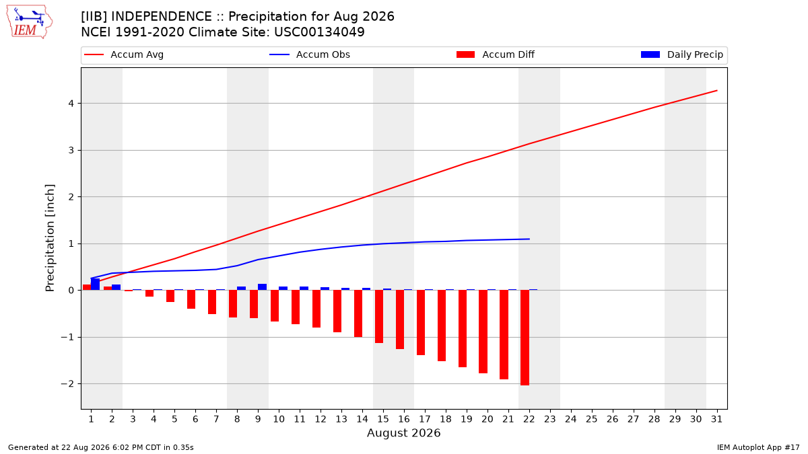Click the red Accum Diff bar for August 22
[x=525, y=338]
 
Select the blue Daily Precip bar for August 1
[x=95, y=285]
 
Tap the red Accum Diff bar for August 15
[x=378, y=316]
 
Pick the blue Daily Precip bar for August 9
[x=262, y=287]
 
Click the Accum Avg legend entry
[x=124, y=54]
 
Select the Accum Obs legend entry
[x=310, y=54]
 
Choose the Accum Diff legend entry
[x=496, y=54]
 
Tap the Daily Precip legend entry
[x=682, y=54]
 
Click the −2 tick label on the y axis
[x=67, y=384]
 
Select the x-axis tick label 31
[x=716, y=419]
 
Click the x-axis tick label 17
[x=425, y=419]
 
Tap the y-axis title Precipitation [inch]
[x=50, y=238]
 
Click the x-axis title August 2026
[x=403, y=432]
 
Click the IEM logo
[x=30, y=22]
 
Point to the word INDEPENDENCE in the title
[x=162, y=17]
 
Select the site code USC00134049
[x=319, y=32]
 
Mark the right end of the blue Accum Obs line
[x=529, y=239]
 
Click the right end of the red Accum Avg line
[x=716, y=90]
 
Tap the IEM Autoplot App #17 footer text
[x=758, y=447]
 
